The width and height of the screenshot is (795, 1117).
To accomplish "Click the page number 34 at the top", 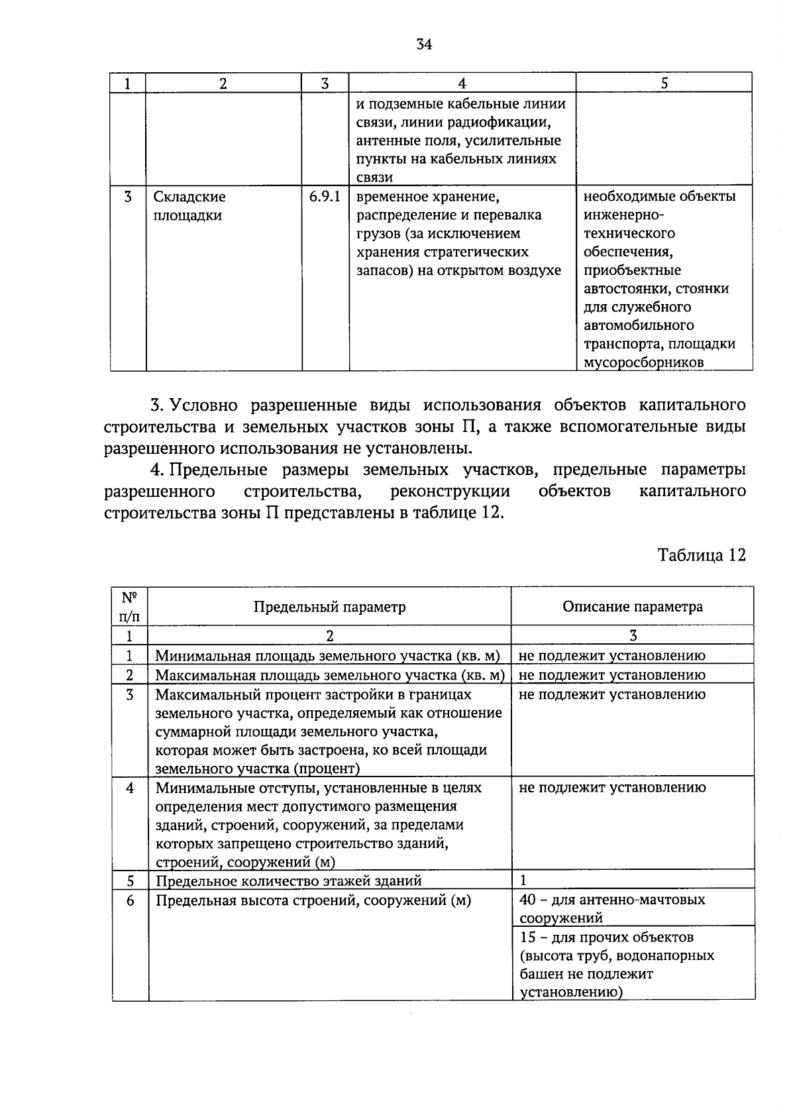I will click(424, 44).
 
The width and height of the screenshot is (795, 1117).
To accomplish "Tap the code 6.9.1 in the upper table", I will click(325, 197).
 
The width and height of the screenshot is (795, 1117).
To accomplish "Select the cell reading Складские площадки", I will click(189, 206).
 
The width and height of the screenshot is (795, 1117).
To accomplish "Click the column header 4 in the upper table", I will click(462, 83).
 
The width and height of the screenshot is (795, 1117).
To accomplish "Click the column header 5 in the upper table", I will click(664, 83).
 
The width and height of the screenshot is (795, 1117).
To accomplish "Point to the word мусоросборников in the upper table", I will click(643, 362).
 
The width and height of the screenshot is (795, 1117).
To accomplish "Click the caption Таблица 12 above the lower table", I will click(702, 555).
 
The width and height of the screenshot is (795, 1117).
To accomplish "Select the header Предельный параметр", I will click(329, 607).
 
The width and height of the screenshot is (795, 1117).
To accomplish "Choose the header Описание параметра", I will click(633, 607).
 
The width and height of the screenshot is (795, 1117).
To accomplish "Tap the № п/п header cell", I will click(130, 606).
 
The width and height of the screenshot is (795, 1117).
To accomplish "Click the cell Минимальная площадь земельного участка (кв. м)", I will click(327, 655).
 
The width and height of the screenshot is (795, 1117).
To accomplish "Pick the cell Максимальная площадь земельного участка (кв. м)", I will click(329, 674).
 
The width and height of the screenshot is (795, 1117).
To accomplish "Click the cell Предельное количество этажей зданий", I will click(288, 880).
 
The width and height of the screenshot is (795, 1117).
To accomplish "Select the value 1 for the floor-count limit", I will click(523, 880).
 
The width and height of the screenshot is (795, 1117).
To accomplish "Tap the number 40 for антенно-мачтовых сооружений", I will click(527, 900).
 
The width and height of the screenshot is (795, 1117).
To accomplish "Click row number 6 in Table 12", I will click(130, 900).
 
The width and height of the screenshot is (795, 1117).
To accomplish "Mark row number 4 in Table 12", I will click(130, 788).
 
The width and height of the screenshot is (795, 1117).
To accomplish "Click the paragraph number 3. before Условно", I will click(157, 405).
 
